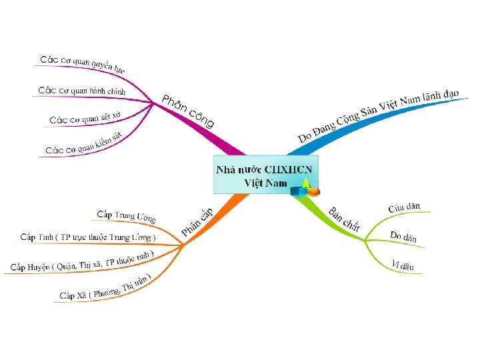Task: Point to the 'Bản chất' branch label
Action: point(344,220)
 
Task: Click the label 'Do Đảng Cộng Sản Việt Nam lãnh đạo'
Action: point(378,116)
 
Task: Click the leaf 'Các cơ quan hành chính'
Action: point(81,90)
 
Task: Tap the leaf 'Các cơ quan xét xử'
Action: point(85,118)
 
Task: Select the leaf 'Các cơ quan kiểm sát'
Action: point(84,142)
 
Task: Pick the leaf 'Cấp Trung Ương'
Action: point(126,216)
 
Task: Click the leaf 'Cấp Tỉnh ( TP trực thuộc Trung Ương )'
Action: point(88,237)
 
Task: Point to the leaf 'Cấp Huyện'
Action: point(82,261)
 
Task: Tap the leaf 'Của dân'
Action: point(404,207)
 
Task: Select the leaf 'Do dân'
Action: point(403,236)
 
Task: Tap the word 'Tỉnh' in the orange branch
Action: point(45,237)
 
